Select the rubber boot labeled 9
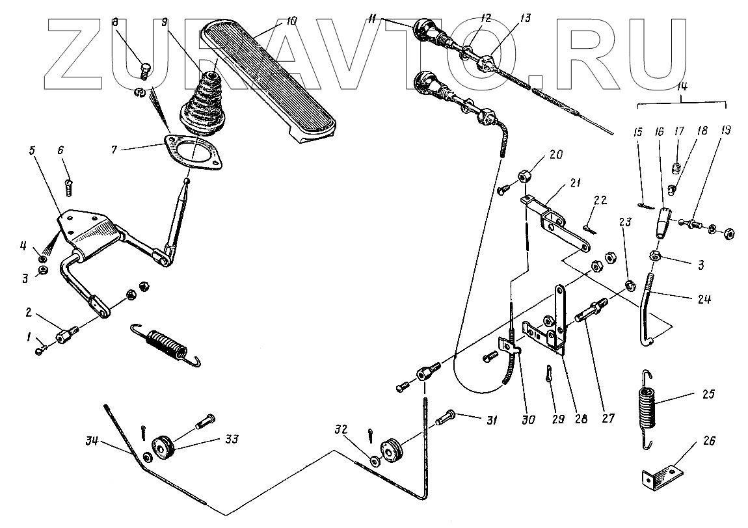pyautogui.click(x=205, y=104)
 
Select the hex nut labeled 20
pyautogui.click(x=524, y=176)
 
